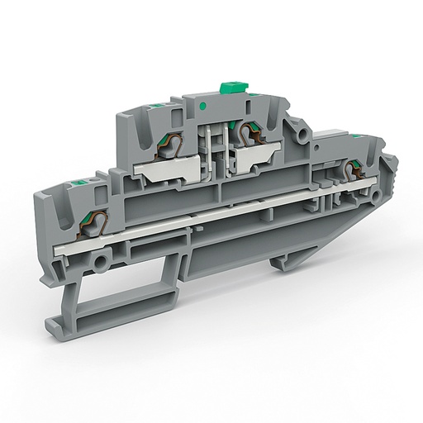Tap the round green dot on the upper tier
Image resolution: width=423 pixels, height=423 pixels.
pos(202,107)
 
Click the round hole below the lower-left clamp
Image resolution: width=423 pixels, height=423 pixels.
pos(101,264)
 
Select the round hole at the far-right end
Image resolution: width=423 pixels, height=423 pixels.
pos(380,197)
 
